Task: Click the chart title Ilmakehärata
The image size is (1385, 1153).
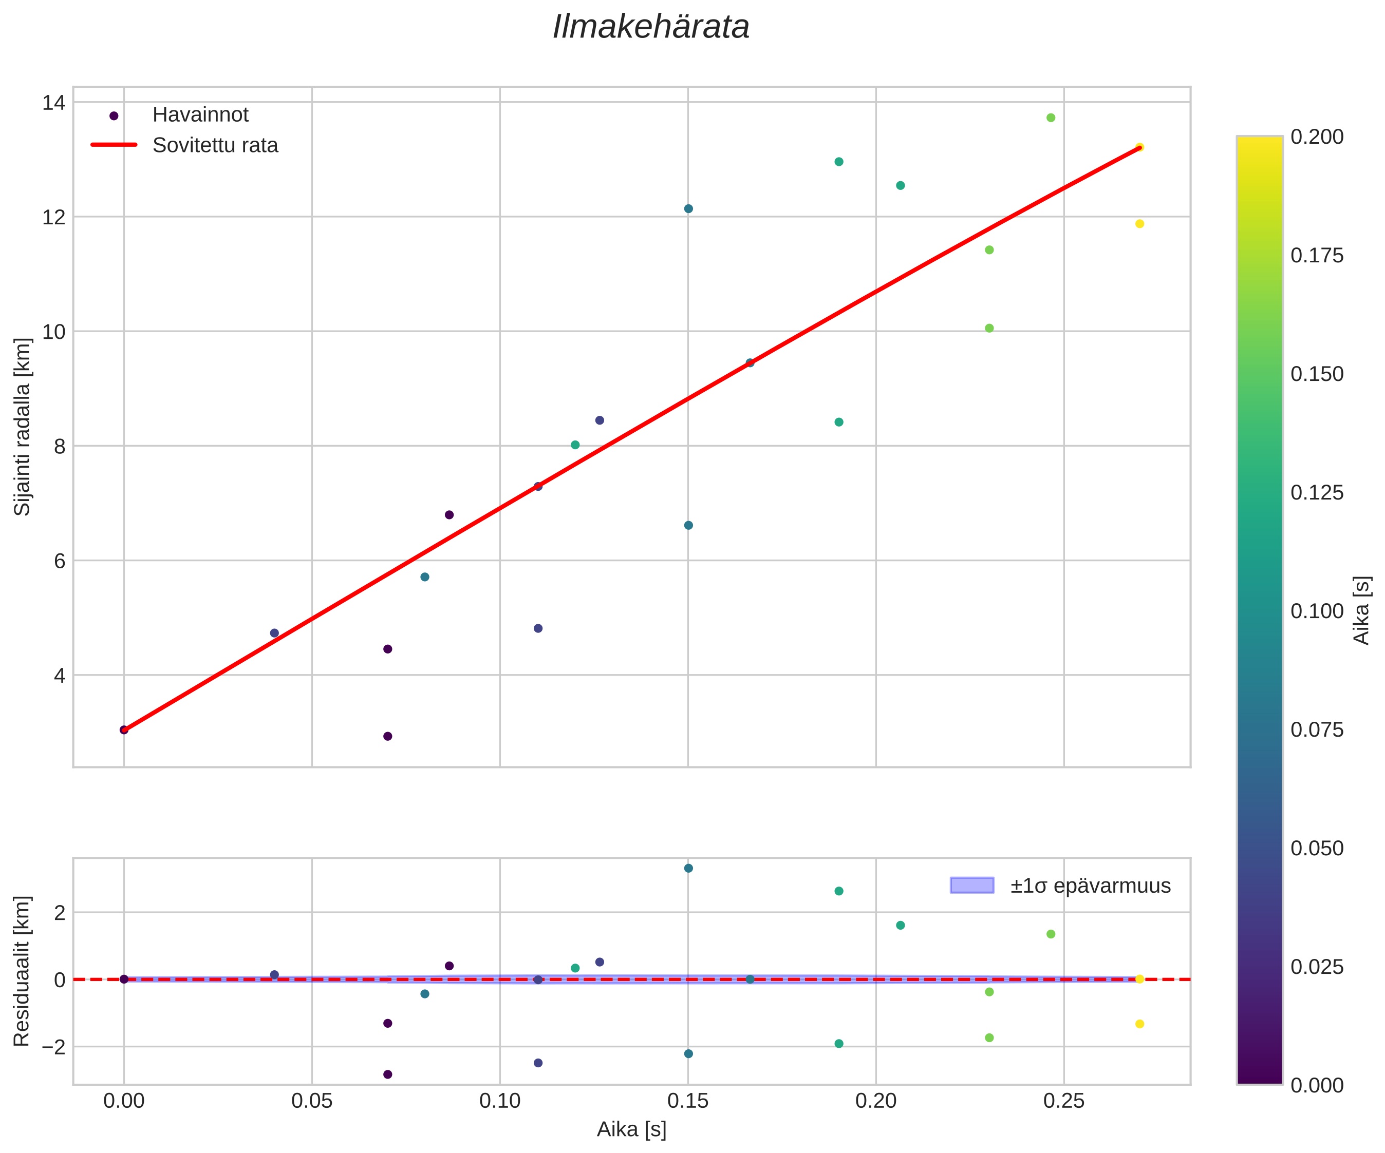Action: [650, 28]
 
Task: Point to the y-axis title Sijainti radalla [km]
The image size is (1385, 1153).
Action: [23, 427]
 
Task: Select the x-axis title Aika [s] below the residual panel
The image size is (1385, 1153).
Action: [631, 1129]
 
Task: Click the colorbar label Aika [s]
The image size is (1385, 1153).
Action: [1361, 610]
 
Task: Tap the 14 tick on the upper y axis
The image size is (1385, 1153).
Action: [53, 103]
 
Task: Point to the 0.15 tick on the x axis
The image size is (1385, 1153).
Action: [688, 1101]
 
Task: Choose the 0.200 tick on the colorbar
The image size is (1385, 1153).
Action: [1316, 137]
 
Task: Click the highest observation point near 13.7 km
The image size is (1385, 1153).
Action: [1051, 118]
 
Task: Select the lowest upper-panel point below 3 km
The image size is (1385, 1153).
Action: [388, 736]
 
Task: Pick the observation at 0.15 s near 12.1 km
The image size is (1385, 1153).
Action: [688, 209]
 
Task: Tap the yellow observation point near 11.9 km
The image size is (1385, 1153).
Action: [1139, 223]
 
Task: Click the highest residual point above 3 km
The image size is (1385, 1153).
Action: [688, 868]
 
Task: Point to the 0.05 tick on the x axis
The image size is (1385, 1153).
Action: [311, 1101]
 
